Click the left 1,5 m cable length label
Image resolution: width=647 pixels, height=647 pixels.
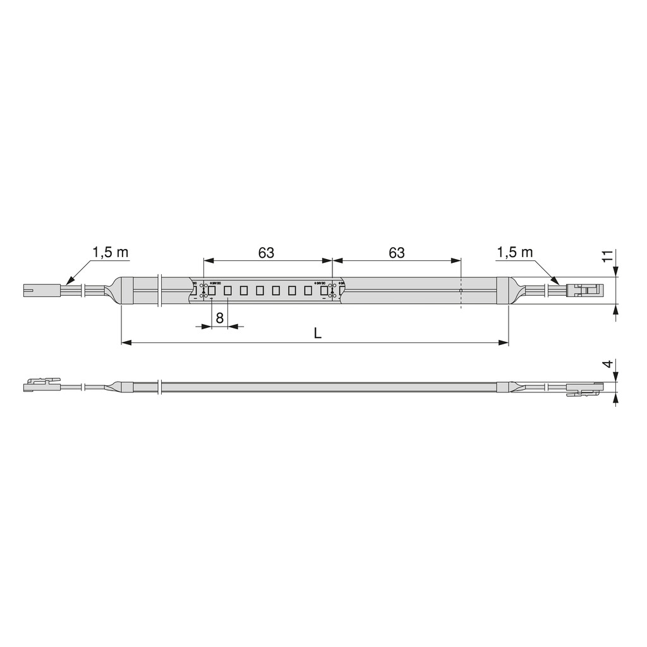111,253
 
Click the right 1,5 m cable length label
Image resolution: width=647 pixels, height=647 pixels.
515,253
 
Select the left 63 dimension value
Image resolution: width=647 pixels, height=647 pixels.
267,253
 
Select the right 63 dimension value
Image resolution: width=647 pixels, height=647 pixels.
396,253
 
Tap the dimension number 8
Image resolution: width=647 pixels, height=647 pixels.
219,318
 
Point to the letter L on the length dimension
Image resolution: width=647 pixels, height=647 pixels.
318,334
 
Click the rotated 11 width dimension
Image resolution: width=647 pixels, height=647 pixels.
607,256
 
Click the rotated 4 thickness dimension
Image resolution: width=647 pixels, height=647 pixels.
607,365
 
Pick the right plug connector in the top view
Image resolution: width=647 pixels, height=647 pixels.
585,291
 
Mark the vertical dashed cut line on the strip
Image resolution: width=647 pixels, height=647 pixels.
461,291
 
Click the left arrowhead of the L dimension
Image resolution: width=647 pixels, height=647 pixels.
125,342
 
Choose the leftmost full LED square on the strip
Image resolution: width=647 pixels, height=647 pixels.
212,291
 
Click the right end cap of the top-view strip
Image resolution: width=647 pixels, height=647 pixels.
503,291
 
